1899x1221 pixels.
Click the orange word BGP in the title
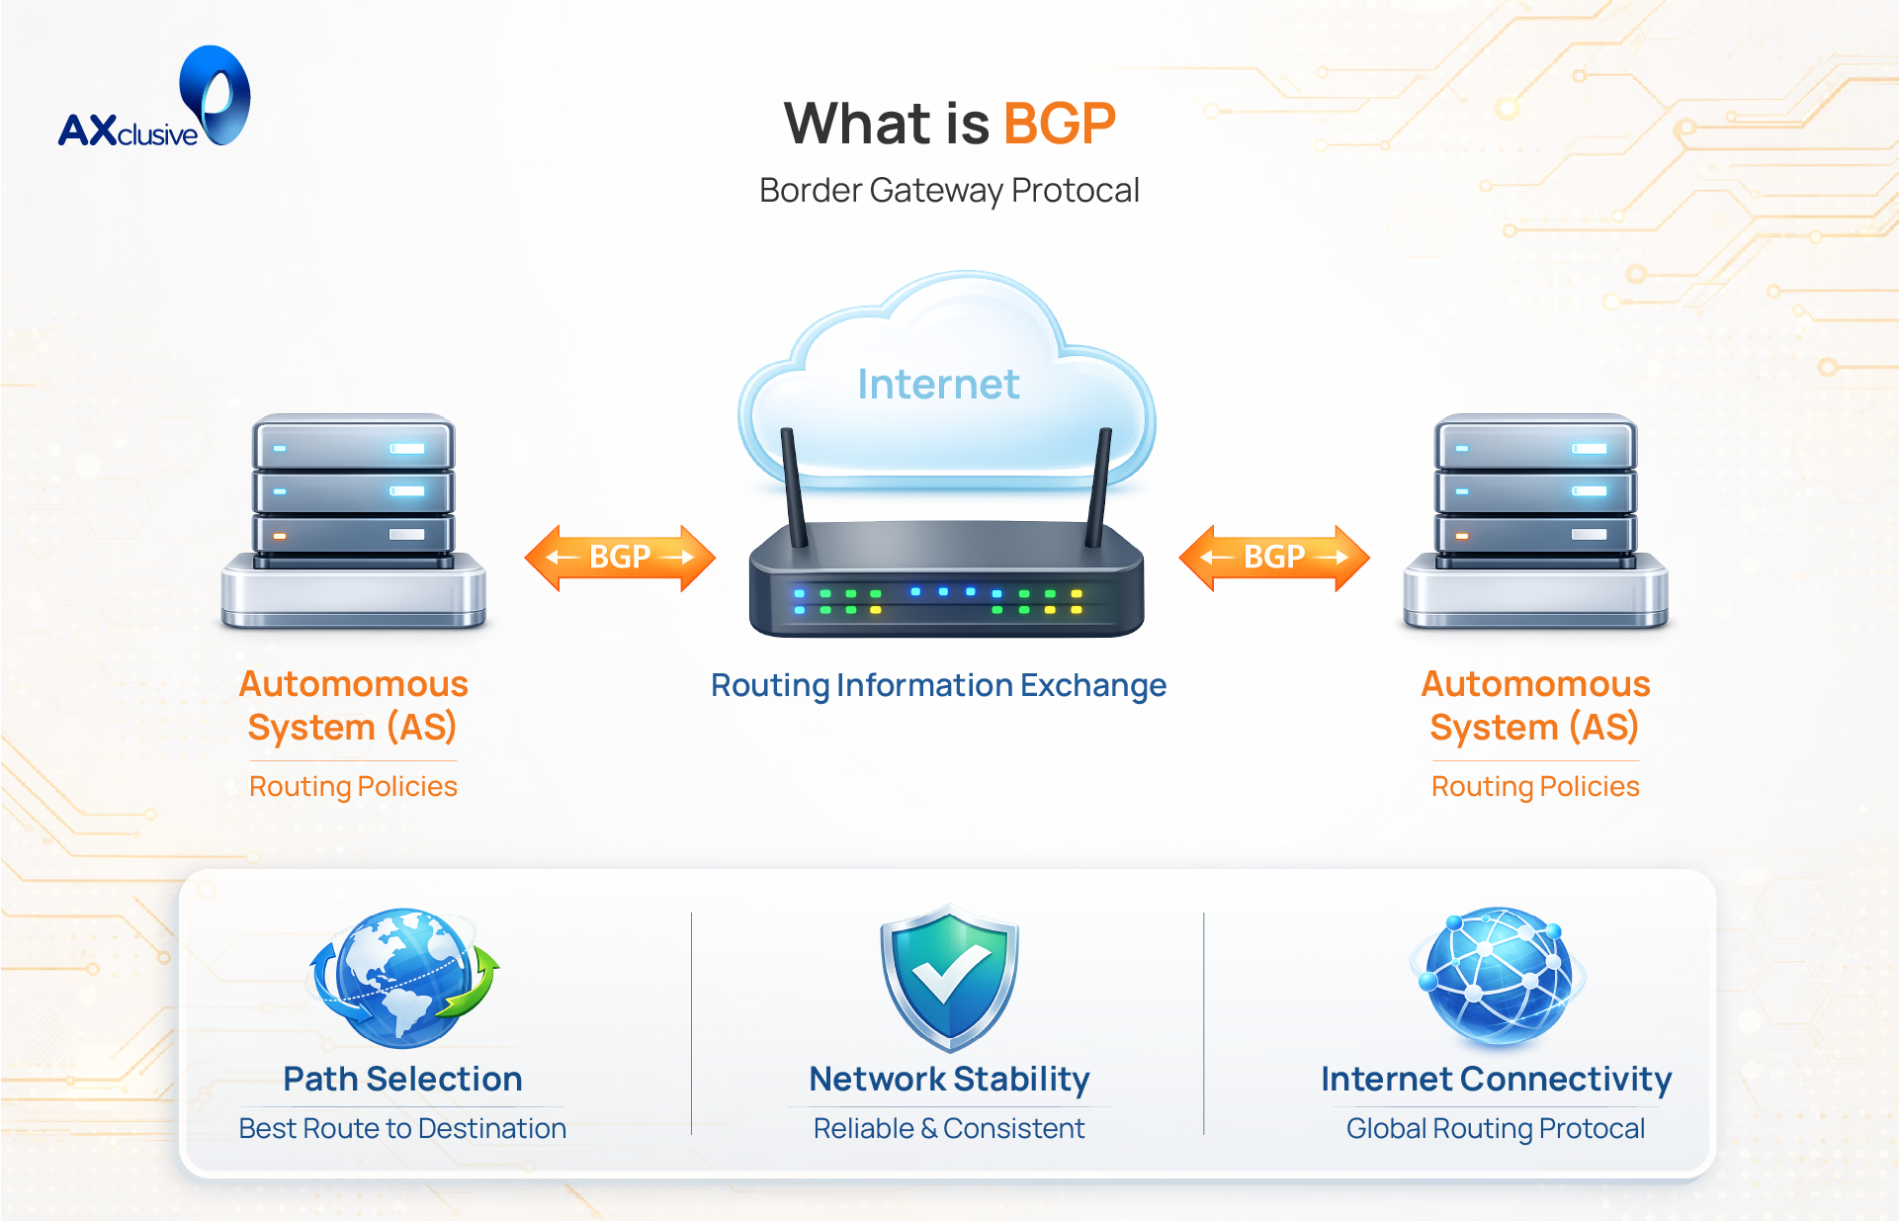(1059, 124)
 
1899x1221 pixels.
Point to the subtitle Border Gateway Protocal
(949, 190)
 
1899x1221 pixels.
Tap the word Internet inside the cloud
(938, 385)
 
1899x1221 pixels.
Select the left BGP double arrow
(620, 558)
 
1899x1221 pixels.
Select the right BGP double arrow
(1274, 558)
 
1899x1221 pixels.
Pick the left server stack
(353, 520)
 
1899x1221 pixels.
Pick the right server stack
(1535, 520)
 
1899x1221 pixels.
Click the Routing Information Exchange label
(938, 685)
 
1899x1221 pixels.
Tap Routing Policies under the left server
(353, 786)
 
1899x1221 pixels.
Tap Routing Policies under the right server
(1535, 786)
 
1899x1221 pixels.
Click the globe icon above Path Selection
(403, 977)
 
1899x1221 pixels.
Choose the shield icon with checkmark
(949, 976)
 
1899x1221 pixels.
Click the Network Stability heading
(949, 1079)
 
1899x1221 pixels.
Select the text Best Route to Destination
(402, 1128)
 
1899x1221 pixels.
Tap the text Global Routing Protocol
(1496, 1128)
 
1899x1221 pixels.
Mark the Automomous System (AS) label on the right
(1535, 705)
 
